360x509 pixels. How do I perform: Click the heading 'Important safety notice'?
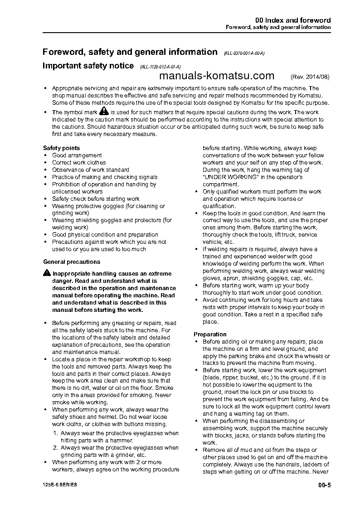click(x=88, y=66)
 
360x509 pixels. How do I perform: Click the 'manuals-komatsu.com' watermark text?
click(x=217, y=75)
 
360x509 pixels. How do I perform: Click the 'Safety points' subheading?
click(x=61, y=148)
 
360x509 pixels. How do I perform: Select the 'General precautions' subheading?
click(x=72, y=262)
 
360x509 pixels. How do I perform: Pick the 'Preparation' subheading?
click(x=210, y=334)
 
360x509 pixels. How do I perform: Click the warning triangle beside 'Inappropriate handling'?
click(x=47, y=273)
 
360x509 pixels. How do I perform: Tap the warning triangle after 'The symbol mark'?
click(x=104, y=111)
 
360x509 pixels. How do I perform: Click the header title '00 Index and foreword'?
click(x=293, y=20)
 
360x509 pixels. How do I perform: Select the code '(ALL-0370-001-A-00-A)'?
click(x=244, y=53)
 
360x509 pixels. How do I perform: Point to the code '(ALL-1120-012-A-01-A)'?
click(x=161, y=67)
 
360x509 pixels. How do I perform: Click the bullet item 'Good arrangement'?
click(x=77, y=155)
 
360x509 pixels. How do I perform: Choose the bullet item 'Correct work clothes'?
click(x=79, y=162)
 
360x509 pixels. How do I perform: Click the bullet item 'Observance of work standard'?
click(x=91, y=170)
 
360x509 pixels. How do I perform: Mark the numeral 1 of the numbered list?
click(x=55, y=433)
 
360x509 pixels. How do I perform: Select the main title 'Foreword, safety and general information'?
click(x=130, y=52)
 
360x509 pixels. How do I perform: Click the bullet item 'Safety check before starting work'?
click(x=96, y=199)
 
